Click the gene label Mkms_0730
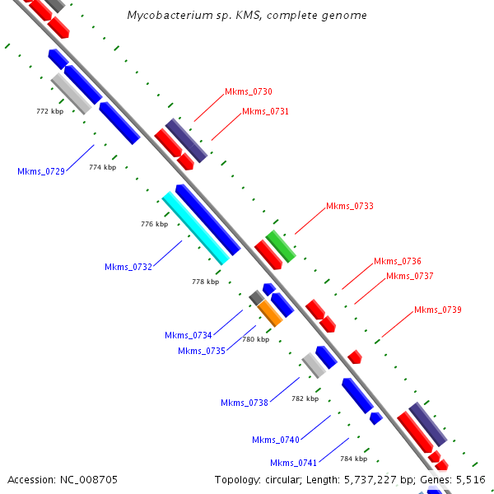[249, 92]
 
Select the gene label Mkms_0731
[265, 111]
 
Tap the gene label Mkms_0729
[41, 171]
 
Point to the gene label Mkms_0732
[128, 267]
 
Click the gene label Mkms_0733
[350, 206]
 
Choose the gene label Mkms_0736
[398, 261]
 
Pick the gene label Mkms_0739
[438, 310]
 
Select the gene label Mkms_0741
[294, 463]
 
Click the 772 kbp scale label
[50, 110]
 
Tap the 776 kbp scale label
[154, 224]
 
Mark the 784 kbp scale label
[353, 458]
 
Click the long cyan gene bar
[195, 227]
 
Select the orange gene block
[269, 313]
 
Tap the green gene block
[281, 246]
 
